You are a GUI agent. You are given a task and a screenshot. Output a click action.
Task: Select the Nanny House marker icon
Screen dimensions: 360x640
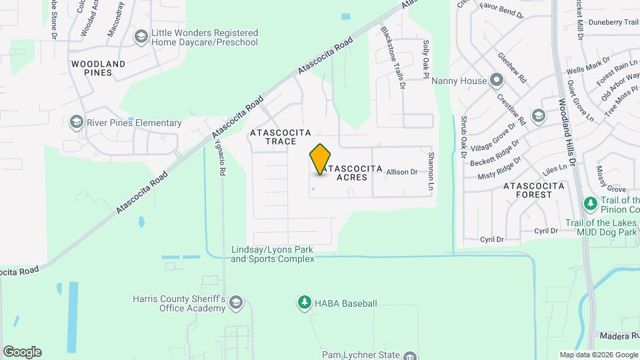coord(496,81)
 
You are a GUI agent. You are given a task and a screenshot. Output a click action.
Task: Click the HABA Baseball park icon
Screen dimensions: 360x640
coord(304,303)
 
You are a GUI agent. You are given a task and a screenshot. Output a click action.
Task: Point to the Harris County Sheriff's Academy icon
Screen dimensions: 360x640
coord(235,304)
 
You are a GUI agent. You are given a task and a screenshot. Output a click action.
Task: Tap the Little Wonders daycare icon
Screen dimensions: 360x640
coord(141,37)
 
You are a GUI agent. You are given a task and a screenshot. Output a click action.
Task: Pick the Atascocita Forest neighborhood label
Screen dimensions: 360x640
coord(537,190)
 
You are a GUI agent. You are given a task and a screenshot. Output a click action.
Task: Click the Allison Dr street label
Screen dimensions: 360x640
coord(402,172)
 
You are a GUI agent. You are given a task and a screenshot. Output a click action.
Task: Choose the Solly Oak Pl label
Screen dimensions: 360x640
coord(425,59)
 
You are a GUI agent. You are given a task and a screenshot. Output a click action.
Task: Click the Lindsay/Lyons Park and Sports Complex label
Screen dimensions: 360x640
coord(272,254)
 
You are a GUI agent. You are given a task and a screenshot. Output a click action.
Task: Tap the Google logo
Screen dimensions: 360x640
coord(22,352)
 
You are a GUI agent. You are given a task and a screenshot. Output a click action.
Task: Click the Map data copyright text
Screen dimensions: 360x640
coord(598,355)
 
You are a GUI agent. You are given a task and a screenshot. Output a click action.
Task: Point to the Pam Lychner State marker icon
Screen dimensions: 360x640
coord(410,355)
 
